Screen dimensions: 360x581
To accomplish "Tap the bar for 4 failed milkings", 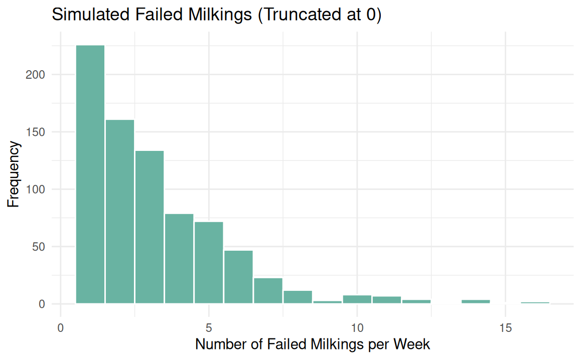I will tap(179, 259).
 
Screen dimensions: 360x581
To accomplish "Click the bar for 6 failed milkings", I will tap(238, 277).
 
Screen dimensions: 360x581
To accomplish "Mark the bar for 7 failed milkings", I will tap(268, 291).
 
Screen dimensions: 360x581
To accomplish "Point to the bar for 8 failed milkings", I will tap(298, 297).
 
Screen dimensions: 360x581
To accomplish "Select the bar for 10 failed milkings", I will tap(357, 300).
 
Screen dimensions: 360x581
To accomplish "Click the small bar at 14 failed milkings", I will tap(476, 302).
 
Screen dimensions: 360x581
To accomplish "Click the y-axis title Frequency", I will tap(14, 174).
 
